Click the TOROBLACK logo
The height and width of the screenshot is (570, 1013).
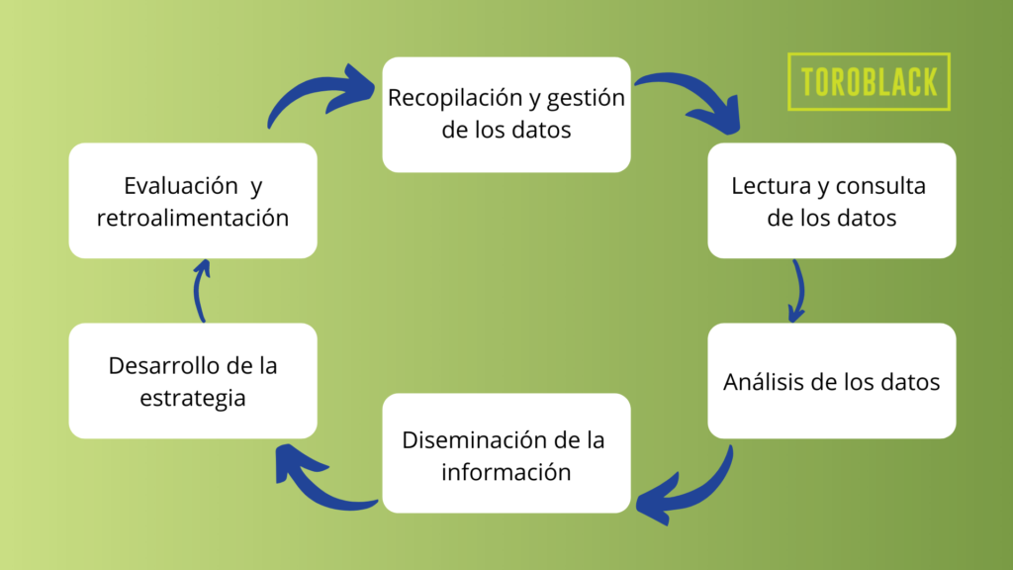tap(869, 81)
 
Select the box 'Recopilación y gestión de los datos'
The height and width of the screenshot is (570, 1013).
tap(506, 115)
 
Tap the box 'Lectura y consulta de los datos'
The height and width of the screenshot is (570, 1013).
tap(831, 200)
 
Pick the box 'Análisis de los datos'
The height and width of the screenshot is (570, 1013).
tap(831, 381)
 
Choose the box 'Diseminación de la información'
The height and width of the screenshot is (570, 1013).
tap(506, 453)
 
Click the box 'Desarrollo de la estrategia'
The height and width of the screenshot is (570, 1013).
tap(193, 381)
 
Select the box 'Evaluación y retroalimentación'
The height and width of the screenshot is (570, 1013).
tap(193, 200)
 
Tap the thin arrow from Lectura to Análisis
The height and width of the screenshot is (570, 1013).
tap(800, 291)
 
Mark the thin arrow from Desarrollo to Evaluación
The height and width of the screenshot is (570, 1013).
tap(198, 291)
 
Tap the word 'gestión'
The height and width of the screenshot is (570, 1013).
tap(586, 99)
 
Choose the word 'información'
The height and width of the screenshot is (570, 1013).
tap(506, 472)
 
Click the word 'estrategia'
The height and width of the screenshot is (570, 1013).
tap(193, 398)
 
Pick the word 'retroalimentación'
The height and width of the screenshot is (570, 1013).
tap(193, 218)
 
